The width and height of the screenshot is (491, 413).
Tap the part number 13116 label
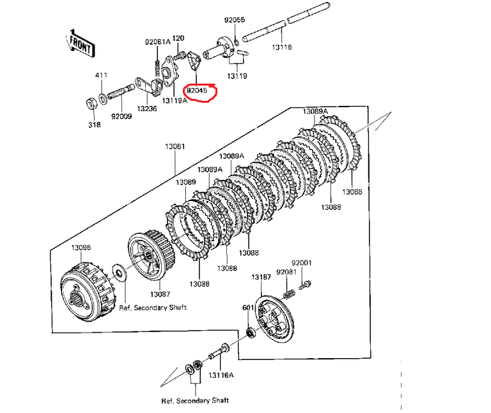coord(282,47)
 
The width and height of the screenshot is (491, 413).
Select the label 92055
coord(234,20)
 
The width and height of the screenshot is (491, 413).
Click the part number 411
coord(101,75)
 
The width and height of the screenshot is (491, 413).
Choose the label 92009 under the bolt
coord(121,117)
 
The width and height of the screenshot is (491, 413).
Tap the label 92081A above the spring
coord(157,43)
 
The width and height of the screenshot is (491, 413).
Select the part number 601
coord(247,308)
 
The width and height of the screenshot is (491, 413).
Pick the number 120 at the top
coord(178,38)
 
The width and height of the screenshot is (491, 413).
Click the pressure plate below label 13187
coord(274,320)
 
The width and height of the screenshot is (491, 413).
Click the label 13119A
coord(174,101)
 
